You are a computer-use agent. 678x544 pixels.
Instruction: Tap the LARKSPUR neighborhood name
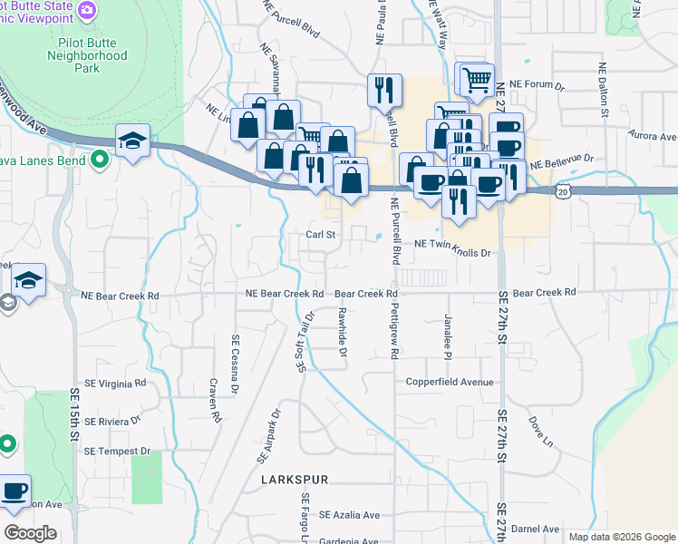click(294, 479)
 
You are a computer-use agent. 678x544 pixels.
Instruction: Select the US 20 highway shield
click(565, 192)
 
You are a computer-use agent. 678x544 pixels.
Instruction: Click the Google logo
click(30, 533)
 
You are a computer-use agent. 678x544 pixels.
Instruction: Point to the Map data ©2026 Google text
click(622, 537)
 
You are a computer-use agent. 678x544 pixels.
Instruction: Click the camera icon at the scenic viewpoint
click(87, 11)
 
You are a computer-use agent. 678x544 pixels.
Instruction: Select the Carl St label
click(320, 234)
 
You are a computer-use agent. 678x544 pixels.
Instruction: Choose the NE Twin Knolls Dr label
click(451, 244)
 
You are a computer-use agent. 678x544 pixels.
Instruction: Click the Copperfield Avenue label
click(450, 382)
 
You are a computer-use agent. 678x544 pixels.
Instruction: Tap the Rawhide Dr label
click(343, 332)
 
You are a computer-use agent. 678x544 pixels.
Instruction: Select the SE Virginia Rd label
click(115, 384)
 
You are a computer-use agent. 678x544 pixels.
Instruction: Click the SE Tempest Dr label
click(117, 451)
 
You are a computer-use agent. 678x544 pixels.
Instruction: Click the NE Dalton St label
click(602, 92)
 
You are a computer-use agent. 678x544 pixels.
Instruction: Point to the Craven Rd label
click(215, 402)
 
